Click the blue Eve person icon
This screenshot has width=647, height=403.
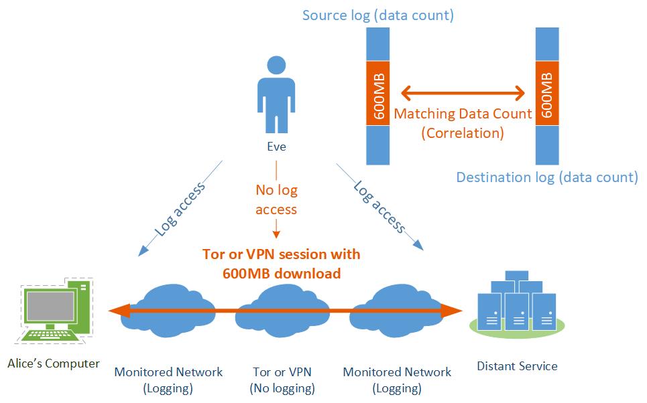[276, 94]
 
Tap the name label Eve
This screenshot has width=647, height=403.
[276, 147]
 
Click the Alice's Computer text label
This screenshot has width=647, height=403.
[54, 364]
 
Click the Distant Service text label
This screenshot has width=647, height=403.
[517, 366]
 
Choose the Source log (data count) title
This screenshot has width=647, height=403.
[378, 15]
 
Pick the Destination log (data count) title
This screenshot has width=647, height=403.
[547, 177]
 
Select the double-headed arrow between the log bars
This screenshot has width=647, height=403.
[463, 92]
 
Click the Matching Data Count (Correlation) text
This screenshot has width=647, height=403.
[463, 123]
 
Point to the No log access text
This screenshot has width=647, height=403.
[276, 199]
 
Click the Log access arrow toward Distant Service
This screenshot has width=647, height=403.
[379, 206]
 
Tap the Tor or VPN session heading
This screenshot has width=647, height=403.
[282, 264]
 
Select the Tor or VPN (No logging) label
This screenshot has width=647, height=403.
[282, 380]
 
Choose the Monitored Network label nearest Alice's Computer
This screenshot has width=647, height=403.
[168, 380]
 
